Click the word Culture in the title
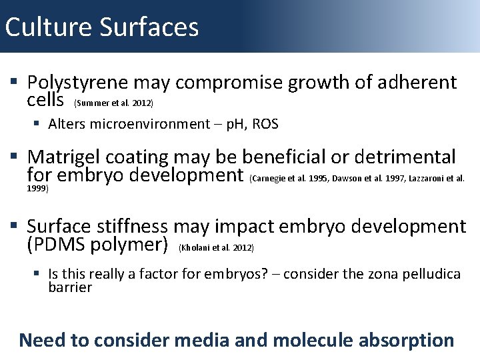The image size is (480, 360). [49, 27]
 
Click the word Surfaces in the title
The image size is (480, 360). [150, 27]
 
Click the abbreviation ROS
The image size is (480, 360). [265, 124]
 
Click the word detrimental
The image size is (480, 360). [405, 157]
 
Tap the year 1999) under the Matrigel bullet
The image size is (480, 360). [38, 188]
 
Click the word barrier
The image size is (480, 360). [70, 287]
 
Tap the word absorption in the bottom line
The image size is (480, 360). [407, 340]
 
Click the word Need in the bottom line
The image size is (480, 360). [41, 340]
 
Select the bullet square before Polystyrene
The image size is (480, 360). [14, 83]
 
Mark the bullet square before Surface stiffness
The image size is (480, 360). [14, 227]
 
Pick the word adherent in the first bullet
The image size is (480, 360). [417, 83]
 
